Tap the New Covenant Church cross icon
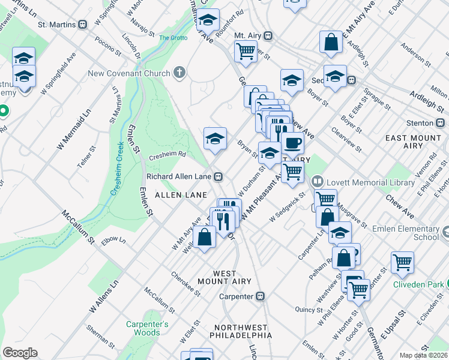pos(178,74)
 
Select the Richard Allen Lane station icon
pos(220,177)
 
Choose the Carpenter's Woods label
pos(143,328)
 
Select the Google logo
pos(20,352)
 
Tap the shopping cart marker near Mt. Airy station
pos(245,52)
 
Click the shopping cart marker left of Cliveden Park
pos(402,262)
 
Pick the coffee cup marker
pos(292,143)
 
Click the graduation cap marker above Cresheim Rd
pos(215,139)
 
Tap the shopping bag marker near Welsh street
pos(204,236)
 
